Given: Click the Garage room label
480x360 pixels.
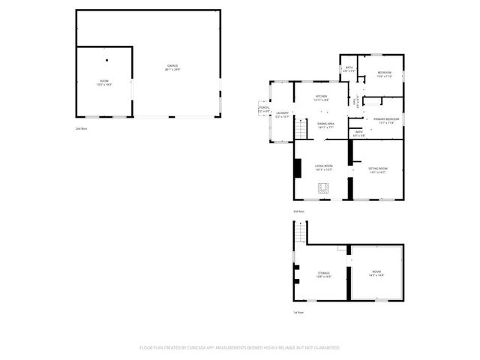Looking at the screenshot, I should [172, 67].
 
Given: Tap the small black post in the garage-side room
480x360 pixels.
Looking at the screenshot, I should [106, 59].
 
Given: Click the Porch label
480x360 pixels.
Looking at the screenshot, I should [264, 108].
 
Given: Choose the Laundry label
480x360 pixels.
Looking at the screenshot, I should [282, 114].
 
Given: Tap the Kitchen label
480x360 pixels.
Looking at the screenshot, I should [321, 97].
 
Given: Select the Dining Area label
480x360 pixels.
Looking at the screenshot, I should [325, 124].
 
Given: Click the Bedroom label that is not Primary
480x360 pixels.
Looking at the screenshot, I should [384, 73].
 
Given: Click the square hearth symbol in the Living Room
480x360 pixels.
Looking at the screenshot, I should [324, 189].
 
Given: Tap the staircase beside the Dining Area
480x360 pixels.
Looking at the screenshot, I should [301, 128].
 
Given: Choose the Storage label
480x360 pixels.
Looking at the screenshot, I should [323, 274].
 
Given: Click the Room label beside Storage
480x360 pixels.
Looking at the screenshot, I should [376, 272].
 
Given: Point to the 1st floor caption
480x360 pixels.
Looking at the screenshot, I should [298, 312].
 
